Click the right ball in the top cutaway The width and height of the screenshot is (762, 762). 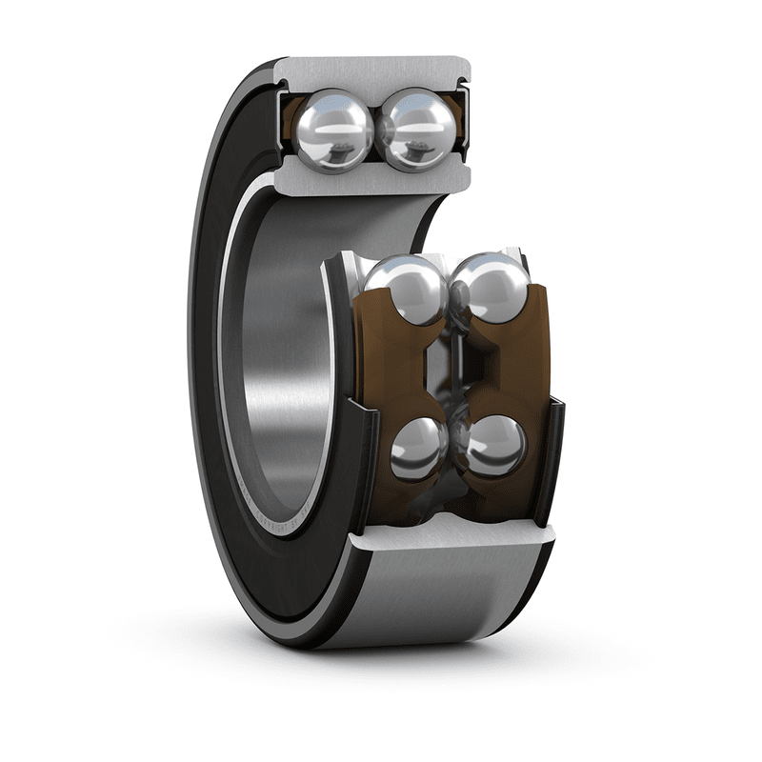[x=414, y=127]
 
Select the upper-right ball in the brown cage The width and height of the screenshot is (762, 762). [x=490, y=287]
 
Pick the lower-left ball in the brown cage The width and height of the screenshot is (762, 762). [x=419, y=448]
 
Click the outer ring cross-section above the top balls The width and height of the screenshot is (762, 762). [x=371, y=74]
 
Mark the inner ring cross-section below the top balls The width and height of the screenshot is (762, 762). [x=371, y=180]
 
